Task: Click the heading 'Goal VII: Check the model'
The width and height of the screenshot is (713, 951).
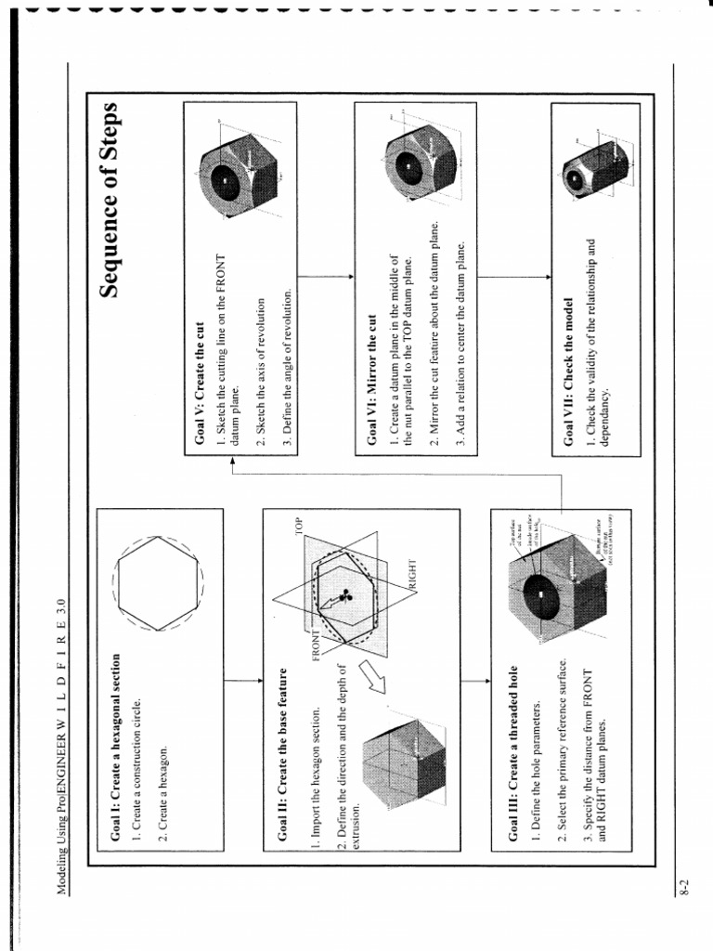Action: [567, 371]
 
